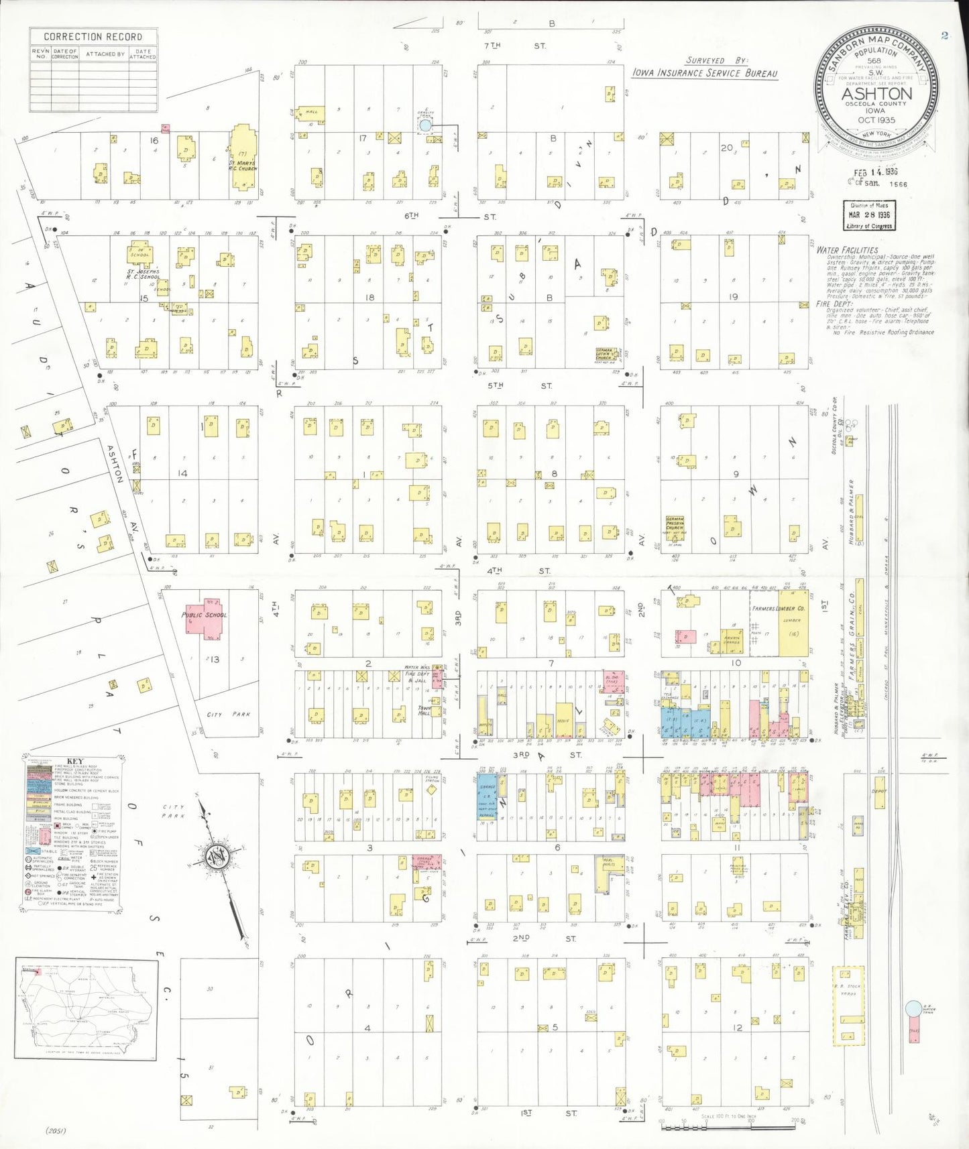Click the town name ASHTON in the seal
(876, 94)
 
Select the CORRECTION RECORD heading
(93, 37)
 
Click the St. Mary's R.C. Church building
(243, 158)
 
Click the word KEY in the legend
(75, 761)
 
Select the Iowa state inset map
(87, 1009)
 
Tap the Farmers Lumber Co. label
(778, 609)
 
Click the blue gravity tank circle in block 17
(425, 125)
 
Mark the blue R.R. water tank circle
(913, 1008)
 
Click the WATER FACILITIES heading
(847, 250)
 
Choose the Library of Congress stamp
(868, 216)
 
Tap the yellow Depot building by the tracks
(878, 792)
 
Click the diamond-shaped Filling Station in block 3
(432, 790)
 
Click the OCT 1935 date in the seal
(876, 121)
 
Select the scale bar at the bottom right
(731, 1127)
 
